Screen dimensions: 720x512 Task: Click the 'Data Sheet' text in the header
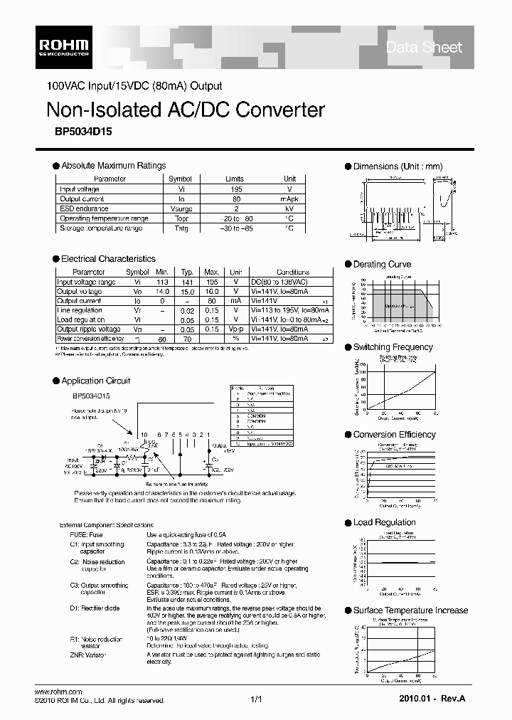click(x=424, y=48)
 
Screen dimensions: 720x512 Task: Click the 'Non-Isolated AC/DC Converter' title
click(x=185, y=110)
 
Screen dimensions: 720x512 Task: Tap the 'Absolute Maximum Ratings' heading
click(x=113, y=166)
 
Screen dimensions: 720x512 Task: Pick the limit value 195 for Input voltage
click(x=235, y=189)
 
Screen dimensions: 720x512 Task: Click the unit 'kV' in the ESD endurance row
click(x=289, y=209)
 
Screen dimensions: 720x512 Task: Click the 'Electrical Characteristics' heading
click(x=108, y=259)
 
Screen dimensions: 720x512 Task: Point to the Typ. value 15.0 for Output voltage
click(x=187, y=292)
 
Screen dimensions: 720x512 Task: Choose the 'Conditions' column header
click(x=292, y=272)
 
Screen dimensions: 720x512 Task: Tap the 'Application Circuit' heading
click(x=95, y=381)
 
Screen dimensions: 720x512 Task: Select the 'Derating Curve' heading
click(x=382, y=265)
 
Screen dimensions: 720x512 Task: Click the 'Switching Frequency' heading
click(x=393, y=347)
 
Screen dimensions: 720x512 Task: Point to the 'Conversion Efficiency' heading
click(x=394, y=435)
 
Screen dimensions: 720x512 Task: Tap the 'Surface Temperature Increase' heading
click(x=410, y=610)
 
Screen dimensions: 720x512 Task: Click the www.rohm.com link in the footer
click(x=58, y=692)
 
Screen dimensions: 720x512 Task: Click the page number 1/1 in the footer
click(x=256, y=700)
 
